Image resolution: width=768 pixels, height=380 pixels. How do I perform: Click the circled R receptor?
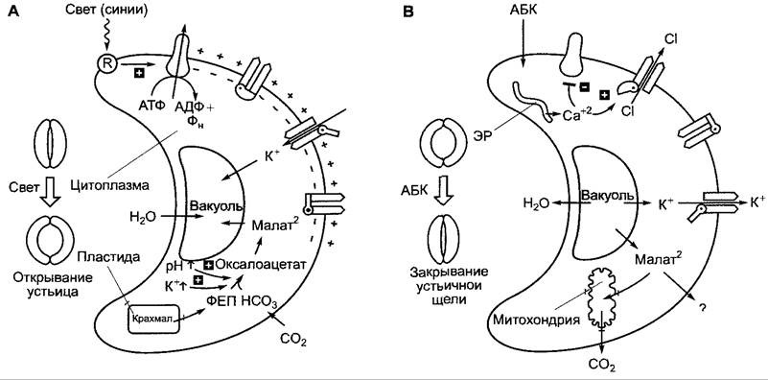click(x=105, y=62)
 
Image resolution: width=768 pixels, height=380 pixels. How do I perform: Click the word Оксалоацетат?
click(x=261, y=264)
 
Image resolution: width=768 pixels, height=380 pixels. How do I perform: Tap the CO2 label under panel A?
click(x=293, y=339)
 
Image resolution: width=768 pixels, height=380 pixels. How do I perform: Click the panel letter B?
click(x=407, y=12)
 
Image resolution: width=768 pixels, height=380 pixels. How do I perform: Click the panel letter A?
click(x=13, y=12)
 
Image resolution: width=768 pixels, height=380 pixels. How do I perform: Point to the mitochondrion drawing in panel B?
click(x=602, y=298)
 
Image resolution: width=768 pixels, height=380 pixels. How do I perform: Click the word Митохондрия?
click(x=535, y=321)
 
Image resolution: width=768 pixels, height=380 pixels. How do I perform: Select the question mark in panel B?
click(x=702, y=308)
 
